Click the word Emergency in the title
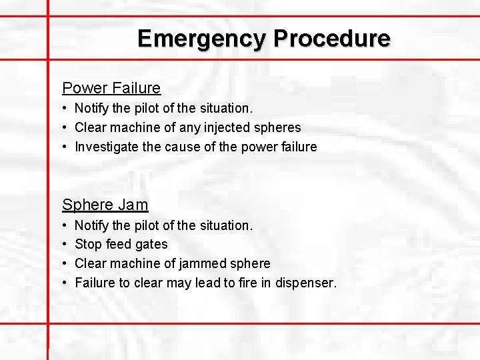coord(201,38)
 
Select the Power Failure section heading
coord(111,88)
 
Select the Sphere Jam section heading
coord(105,205)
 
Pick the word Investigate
coord(107,147)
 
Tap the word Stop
coord(87,245)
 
